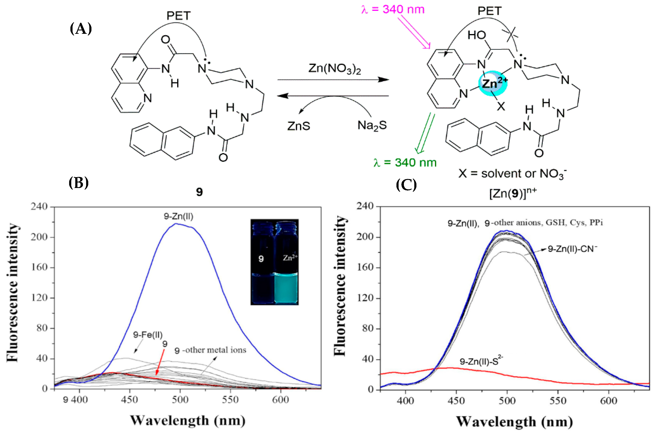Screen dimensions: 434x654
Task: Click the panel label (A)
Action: coord(81,29)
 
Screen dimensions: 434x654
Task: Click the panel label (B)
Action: coord(79,183)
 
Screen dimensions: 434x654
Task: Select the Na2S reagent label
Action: coord(372,126)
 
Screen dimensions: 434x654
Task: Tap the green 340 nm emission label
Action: coord(405,163)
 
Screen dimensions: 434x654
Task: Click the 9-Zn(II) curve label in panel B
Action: coord(178,216)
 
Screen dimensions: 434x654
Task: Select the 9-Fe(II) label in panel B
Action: coord(148,335)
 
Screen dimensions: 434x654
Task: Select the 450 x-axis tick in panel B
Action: coord(130,400)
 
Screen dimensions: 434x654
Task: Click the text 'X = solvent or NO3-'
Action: coord(512,174)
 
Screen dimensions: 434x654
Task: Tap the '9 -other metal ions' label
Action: coord(210,350)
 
